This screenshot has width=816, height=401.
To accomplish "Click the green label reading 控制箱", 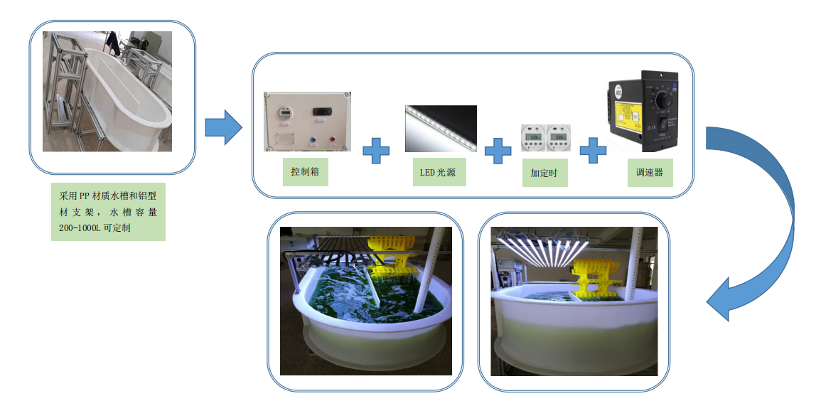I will pyautogui.click(x=305, y=172).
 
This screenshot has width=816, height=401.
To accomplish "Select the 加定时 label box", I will pyautogui.click(x=545, y=172).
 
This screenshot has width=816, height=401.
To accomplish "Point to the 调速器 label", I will pyautogui.click(x=650, y=172).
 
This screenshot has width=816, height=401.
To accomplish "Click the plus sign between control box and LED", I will pyautogui.click(x=376, y=151).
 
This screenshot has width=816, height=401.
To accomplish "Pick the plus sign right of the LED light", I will pyautogui.click(x=498, y=151).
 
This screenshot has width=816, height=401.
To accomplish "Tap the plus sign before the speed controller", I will pyautogui.click(x=593, y=151).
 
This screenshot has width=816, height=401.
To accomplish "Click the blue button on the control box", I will pyautogui.click(x=311, y=141).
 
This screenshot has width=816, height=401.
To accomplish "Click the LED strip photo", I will pyautogui.click(x=440, y=129).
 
